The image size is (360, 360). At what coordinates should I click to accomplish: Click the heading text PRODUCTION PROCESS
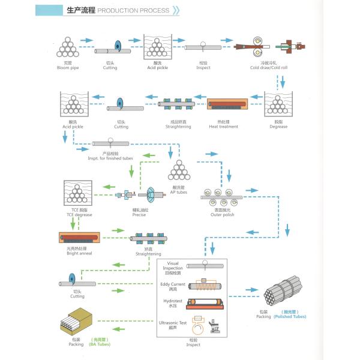pos(133,11)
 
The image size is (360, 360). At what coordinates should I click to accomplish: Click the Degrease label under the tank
pos(278,127)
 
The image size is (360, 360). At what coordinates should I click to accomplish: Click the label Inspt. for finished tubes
pos(110,158)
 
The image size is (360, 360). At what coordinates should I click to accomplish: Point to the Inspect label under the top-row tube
pos(203,67)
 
